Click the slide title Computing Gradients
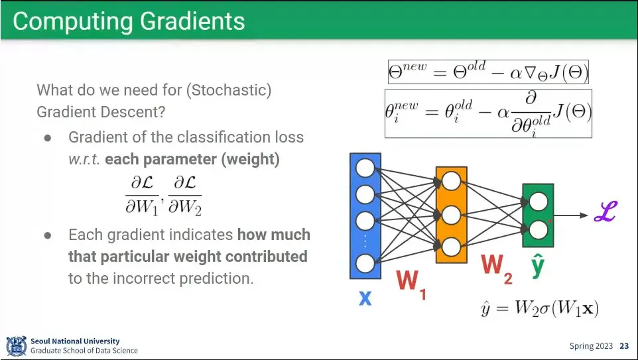[129, 21]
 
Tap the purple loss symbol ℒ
[605, 214]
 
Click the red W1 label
[411, 285]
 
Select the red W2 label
[496, 269]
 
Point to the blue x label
[365, 298]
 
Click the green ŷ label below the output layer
[538, 267]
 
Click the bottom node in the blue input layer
[365, 263]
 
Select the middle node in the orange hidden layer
[451, 215]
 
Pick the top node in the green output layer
[539, 202]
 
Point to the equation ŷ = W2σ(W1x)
[541, 309]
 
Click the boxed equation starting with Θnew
[488, 72]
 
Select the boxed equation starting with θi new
[488, 112]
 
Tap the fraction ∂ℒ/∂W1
[143, 194]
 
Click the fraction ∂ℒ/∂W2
[184, 194]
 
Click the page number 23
[624, 346]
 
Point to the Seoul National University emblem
[17, 346]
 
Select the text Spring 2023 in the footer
[591, 346]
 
